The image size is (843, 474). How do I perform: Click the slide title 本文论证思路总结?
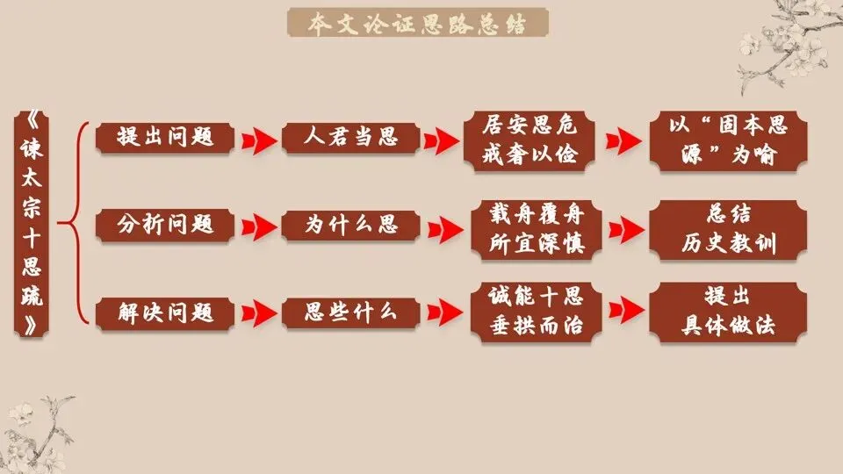point(418,24)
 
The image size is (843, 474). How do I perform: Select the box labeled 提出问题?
point(166,137)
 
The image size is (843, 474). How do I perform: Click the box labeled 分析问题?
point(166,225)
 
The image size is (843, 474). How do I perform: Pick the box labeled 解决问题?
point(166,312)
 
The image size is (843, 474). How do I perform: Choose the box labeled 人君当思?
point(350,137)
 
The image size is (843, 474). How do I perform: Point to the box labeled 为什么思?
point(350,225)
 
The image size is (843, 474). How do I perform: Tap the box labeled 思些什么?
point(350,312)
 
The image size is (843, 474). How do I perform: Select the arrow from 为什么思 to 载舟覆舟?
point(443,226)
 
